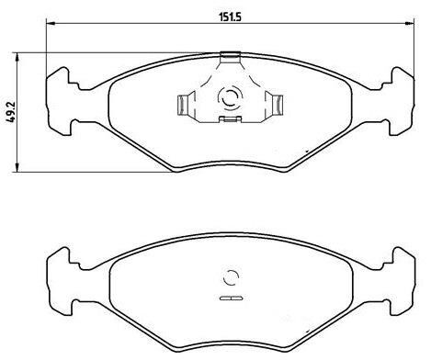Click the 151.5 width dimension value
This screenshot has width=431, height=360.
(230, 17)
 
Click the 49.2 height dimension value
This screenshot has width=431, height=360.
(11, 112)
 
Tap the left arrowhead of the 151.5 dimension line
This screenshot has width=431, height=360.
(51, 23)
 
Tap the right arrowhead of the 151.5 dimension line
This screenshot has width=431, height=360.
(409, 23)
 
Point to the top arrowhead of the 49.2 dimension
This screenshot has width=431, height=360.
(17, 57)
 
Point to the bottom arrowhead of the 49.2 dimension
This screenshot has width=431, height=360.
(17, 167)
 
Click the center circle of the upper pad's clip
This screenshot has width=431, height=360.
(230, 98)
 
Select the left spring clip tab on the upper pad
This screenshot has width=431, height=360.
(184, 105)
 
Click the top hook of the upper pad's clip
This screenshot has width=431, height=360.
(230, 55)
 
